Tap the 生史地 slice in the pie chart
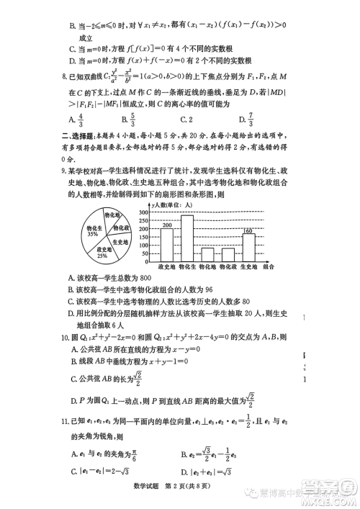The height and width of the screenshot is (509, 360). point(122,243)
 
